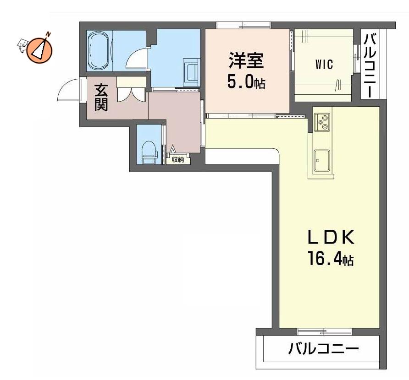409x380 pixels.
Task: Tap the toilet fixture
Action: pyautogui.click(x=149, y=153)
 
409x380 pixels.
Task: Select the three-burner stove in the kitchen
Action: pyautogui.click(x=322, y=122)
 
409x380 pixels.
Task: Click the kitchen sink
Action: pyautogui.click(x=321, y=160)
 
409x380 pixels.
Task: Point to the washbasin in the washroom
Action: pyautogui.click(x=191, y=72)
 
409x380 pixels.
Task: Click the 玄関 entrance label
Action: pyautogui.click(x=101, y=97)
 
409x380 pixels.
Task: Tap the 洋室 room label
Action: pyautogui.click(x=246, y=60)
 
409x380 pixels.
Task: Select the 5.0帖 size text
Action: pyautogui.click(x=246, y=81)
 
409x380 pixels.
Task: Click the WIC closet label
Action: pyautogui.click(x=324, y=65)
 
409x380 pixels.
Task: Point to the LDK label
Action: pyautogui.click(x=331, y=237)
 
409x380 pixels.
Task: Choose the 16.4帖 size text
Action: pyautogui.click(x=331, y=258)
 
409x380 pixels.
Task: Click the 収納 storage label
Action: pyautogui.click(x=178, y=159)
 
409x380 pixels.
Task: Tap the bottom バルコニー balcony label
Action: pyautogui.click(x=323, y=348)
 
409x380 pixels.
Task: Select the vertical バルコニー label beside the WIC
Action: pyautogui.click(x=370, y=65)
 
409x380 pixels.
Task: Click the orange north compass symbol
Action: pyautogui.click(x=39, y=49)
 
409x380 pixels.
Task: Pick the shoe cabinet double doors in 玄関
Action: pyautogui.click(x=131, y=94)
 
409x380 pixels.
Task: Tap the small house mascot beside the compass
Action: pyautogui.click(x=22, y=46)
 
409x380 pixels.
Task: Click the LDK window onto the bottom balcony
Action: pyautogui.click(x=324, y=331)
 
